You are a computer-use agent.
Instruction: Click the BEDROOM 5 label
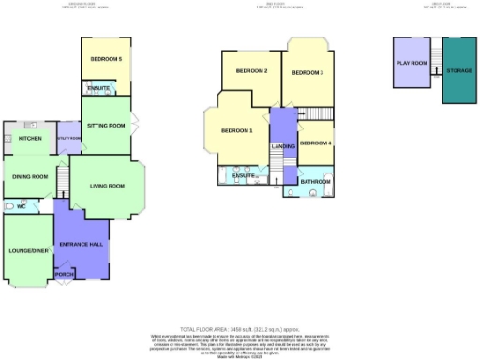click(106, 59)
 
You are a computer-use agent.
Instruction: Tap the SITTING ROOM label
click(108, 125)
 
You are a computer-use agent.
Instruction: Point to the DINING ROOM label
click(30, 176)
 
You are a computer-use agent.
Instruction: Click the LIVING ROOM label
click(107, 186)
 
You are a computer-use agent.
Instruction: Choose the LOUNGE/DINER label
click(28, 250)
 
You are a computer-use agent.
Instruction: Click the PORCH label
click(67, 276)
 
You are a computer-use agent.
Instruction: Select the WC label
click(21, 206)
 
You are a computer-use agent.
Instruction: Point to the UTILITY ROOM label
click(69, 138)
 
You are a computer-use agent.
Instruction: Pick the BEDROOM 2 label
click(251, 71)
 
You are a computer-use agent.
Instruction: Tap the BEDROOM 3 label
click(307, 72)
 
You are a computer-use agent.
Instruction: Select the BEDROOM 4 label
click(316, 142)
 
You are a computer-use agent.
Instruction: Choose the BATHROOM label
click(315, 180)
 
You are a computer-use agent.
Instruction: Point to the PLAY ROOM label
click(412, 63)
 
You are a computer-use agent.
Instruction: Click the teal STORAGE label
click(458, 71)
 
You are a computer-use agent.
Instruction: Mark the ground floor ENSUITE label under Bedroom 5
click(97, 89)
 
